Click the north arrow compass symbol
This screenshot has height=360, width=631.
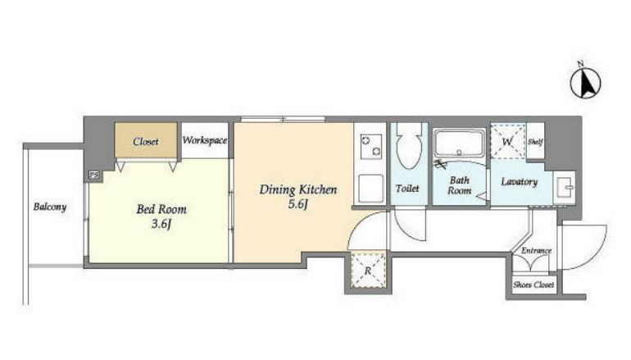tap(585, 84)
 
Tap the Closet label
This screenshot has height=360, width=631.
tap(146, 141)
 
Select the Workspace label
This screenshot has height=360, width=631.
tap(205, 140)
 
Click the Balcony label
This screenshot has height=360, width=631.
tap(50, 207)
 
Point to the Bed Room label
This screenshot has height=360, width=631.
tap(161, 209)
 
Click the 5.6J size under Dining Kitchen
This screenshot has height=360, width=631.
tap(297, 204)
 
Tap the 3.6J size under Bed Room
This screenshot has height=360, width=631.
tap(161, 224)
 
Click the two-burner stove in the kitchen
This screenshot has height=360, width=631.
tap(371, 147)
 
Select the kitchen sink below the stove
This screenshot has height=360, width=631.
tap(371, 189)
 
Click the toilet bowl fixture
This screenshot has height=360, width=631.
tap(409, 144)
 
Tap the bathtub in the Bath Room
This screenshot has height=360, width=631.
tap(459, 143)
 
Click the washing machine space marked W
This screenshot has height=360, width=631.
tap(508, 141)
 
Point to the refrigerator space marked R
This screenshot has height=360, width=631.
tap(368, 270)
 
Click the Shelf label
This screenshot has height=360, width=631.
tap(536, 142)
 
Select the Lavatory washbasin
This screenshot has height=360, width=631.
tap(565, 188)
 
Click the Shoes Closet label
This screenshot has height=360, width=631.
tap(533, 285)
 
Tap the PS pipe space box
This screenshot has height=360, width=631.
tap(93, 175)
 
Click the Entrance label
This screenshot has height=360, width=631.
tap(537, 250)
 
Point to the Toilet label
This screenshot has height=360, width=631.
tap(407, 188)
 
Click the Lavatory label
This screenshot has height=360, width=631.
tap(520, 182)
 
